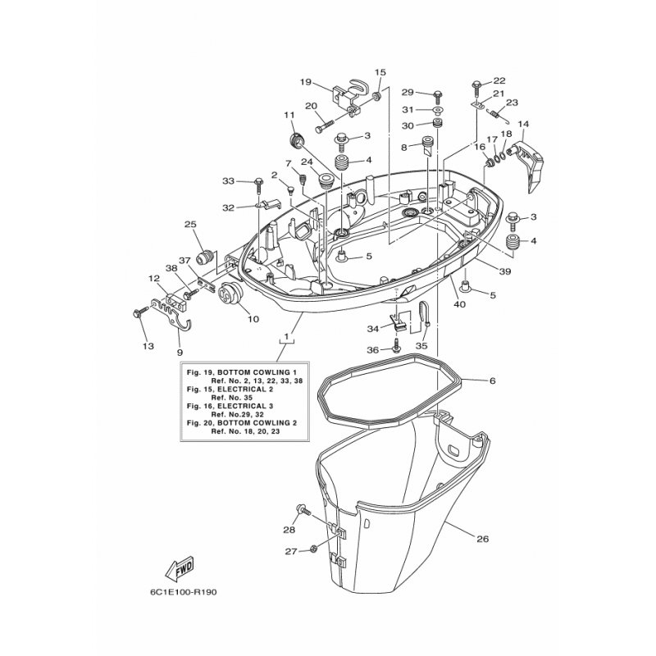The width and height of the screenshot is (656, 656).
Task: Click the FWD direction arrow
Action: tap(180, 569)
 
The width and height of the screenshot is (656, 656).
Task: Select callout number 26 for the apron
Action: tap(482, 539)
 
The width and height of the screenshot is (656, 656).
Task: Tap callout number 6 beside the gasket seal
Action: tap(493, 380)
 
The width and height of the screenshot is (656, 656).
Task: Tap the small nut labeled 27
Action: tap(313, 549)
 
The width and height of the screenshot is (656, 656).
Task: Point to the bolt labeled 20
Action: tap(325, 125)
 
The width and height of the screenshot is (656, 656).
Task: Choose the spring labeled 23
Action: tap(496, 114)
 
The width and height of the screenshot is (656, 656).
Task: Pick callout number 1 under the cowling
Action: tap(286, 336)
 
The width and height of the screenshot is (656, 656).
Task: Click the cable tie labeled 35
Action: tap(423, 314)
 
